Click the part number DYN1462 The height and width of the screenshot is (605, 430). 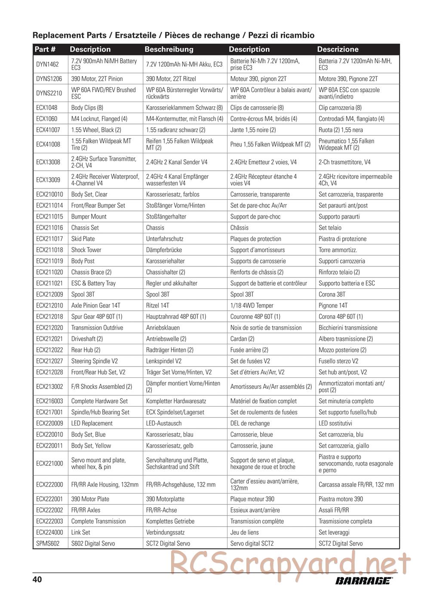click(47, 64)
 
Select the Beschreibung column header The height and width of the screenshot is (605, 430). click(169, 49)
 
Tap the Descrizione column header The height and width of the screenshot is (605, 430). click(338, 49)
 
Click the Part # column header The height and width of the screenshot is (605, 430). click(45, 49)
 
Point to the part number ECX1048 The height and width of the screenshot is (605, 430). click(46, 108)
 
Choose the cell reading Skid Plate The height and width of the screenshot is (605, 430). click(83, 239)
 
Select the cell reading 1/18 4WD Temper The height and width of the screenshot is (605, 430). click(252, 306)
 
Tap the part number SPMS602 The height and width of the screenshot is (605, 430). click(47, 543)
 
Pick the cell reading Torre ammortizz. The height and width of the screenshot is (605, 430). click(338, 250)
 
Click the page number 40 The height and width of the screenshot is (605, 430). click(37, 579)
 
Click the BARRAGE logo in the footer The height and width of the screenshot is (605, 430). click(363, 581)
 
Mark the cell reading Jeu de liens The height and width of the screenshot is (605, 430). click(244, 532)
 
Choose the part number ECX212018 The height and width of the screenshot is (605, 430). click(49, 317)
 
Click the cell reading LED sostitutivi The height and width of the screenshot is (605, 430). click(335, 423)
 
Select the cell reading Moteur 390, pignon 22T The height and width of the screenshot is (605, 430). click(258, 79)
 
